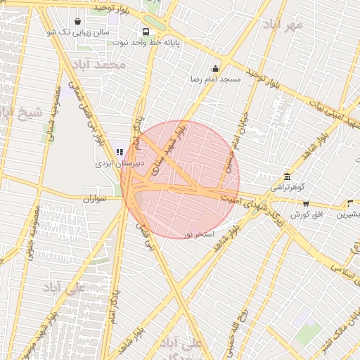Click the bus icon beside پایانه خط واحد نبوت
click(146, 32)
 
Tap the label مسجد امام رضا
click(215, 79)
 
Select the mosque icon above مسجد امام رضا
click(215, 68)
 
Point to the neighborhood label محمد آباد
click(102, 65)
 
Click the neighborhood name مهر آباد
click(283, 27)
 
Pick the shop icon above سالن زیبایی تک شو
click(77, 21)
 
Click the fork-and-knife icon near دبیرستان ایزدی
click(118, 151)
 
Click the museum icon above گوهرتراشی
click(287, 177)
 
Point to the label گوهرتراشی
click(287, 188)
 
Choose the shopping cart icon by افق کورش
click(307, 202)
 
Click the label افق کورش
click(307, 213)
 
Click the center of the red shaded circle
click(180, 179)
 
